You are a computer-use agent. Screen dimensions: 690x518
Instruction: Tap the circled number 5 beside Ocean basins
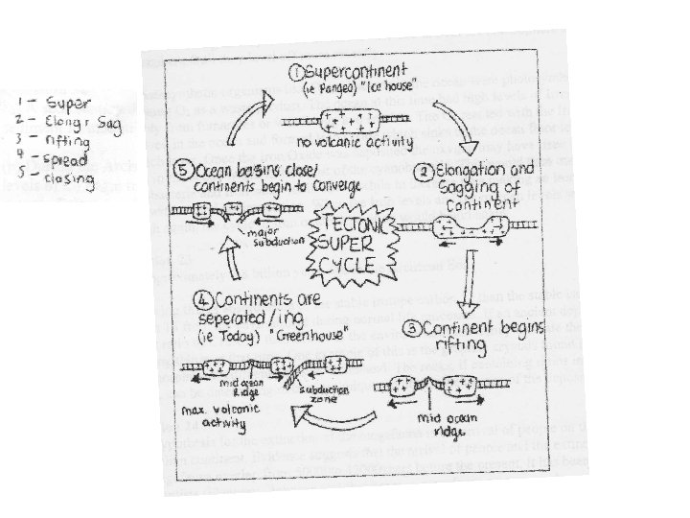click(x=181, y=172)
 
